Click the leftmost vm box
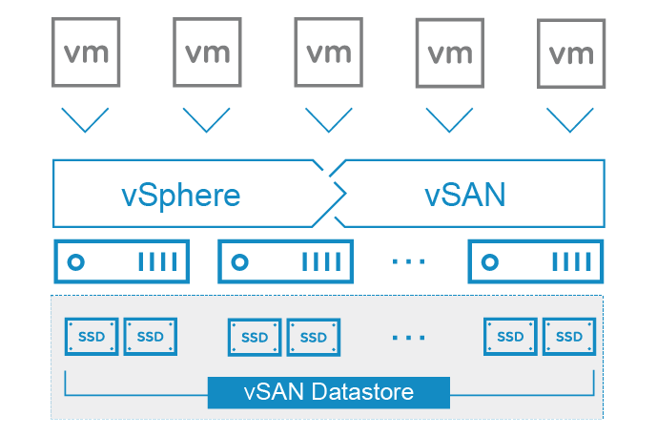click(85, 52)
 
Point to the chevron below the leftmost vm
click(85, 120)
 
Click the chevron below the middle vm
click(329, 120)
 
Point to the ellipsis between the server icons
click(409, 261)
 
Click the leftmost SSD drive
click(92, 336)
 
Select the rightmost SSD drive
click(569, 336)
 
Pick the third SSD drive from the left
click(255, 337)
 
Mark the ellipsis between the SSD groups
click(409, 337)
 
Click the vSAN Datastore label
click(328, 392)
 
